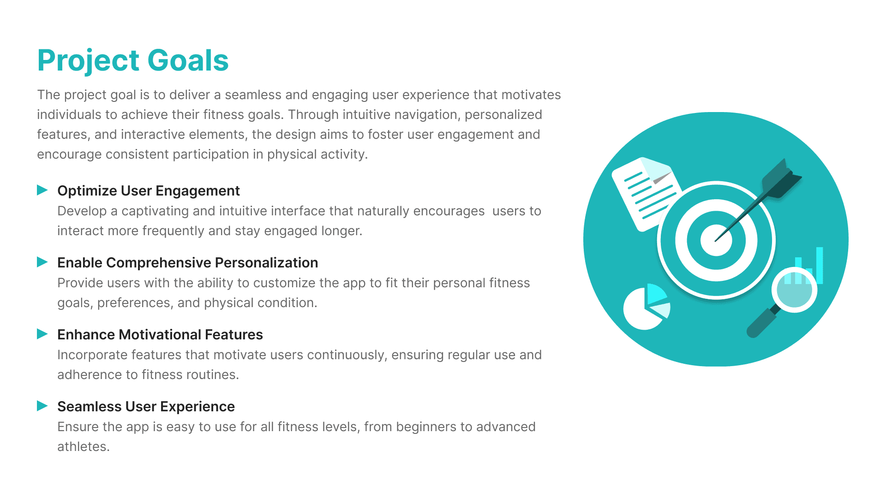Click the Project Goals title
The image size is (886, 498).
coord(133,61)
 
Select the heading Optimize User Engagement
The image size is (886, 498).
coord(149,191)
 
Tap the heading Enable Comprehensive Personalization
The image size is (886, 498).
coord(188,263)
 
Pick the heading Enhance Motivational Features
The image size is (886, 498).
coord(160,335)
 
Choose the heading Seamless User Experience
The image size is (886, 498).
coord(146,407)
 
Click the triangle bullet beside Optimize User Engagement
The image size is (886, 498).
coord(42,190)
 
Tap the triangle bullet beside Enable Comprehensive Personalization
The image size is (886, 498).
coord(42,262)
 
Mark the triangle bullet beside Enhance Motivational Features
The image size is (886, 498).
coord(42,334)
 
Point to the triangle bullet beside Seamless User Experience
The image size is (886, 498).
coord(42,406)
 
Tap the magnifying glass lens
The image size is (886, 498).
coord(794,290)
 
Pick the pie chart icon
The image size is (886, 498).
coord(646,307)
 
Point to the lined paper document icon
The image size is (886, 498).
coord(646,194)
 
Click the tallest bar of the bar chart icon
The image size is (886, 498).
coord(820,265)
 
